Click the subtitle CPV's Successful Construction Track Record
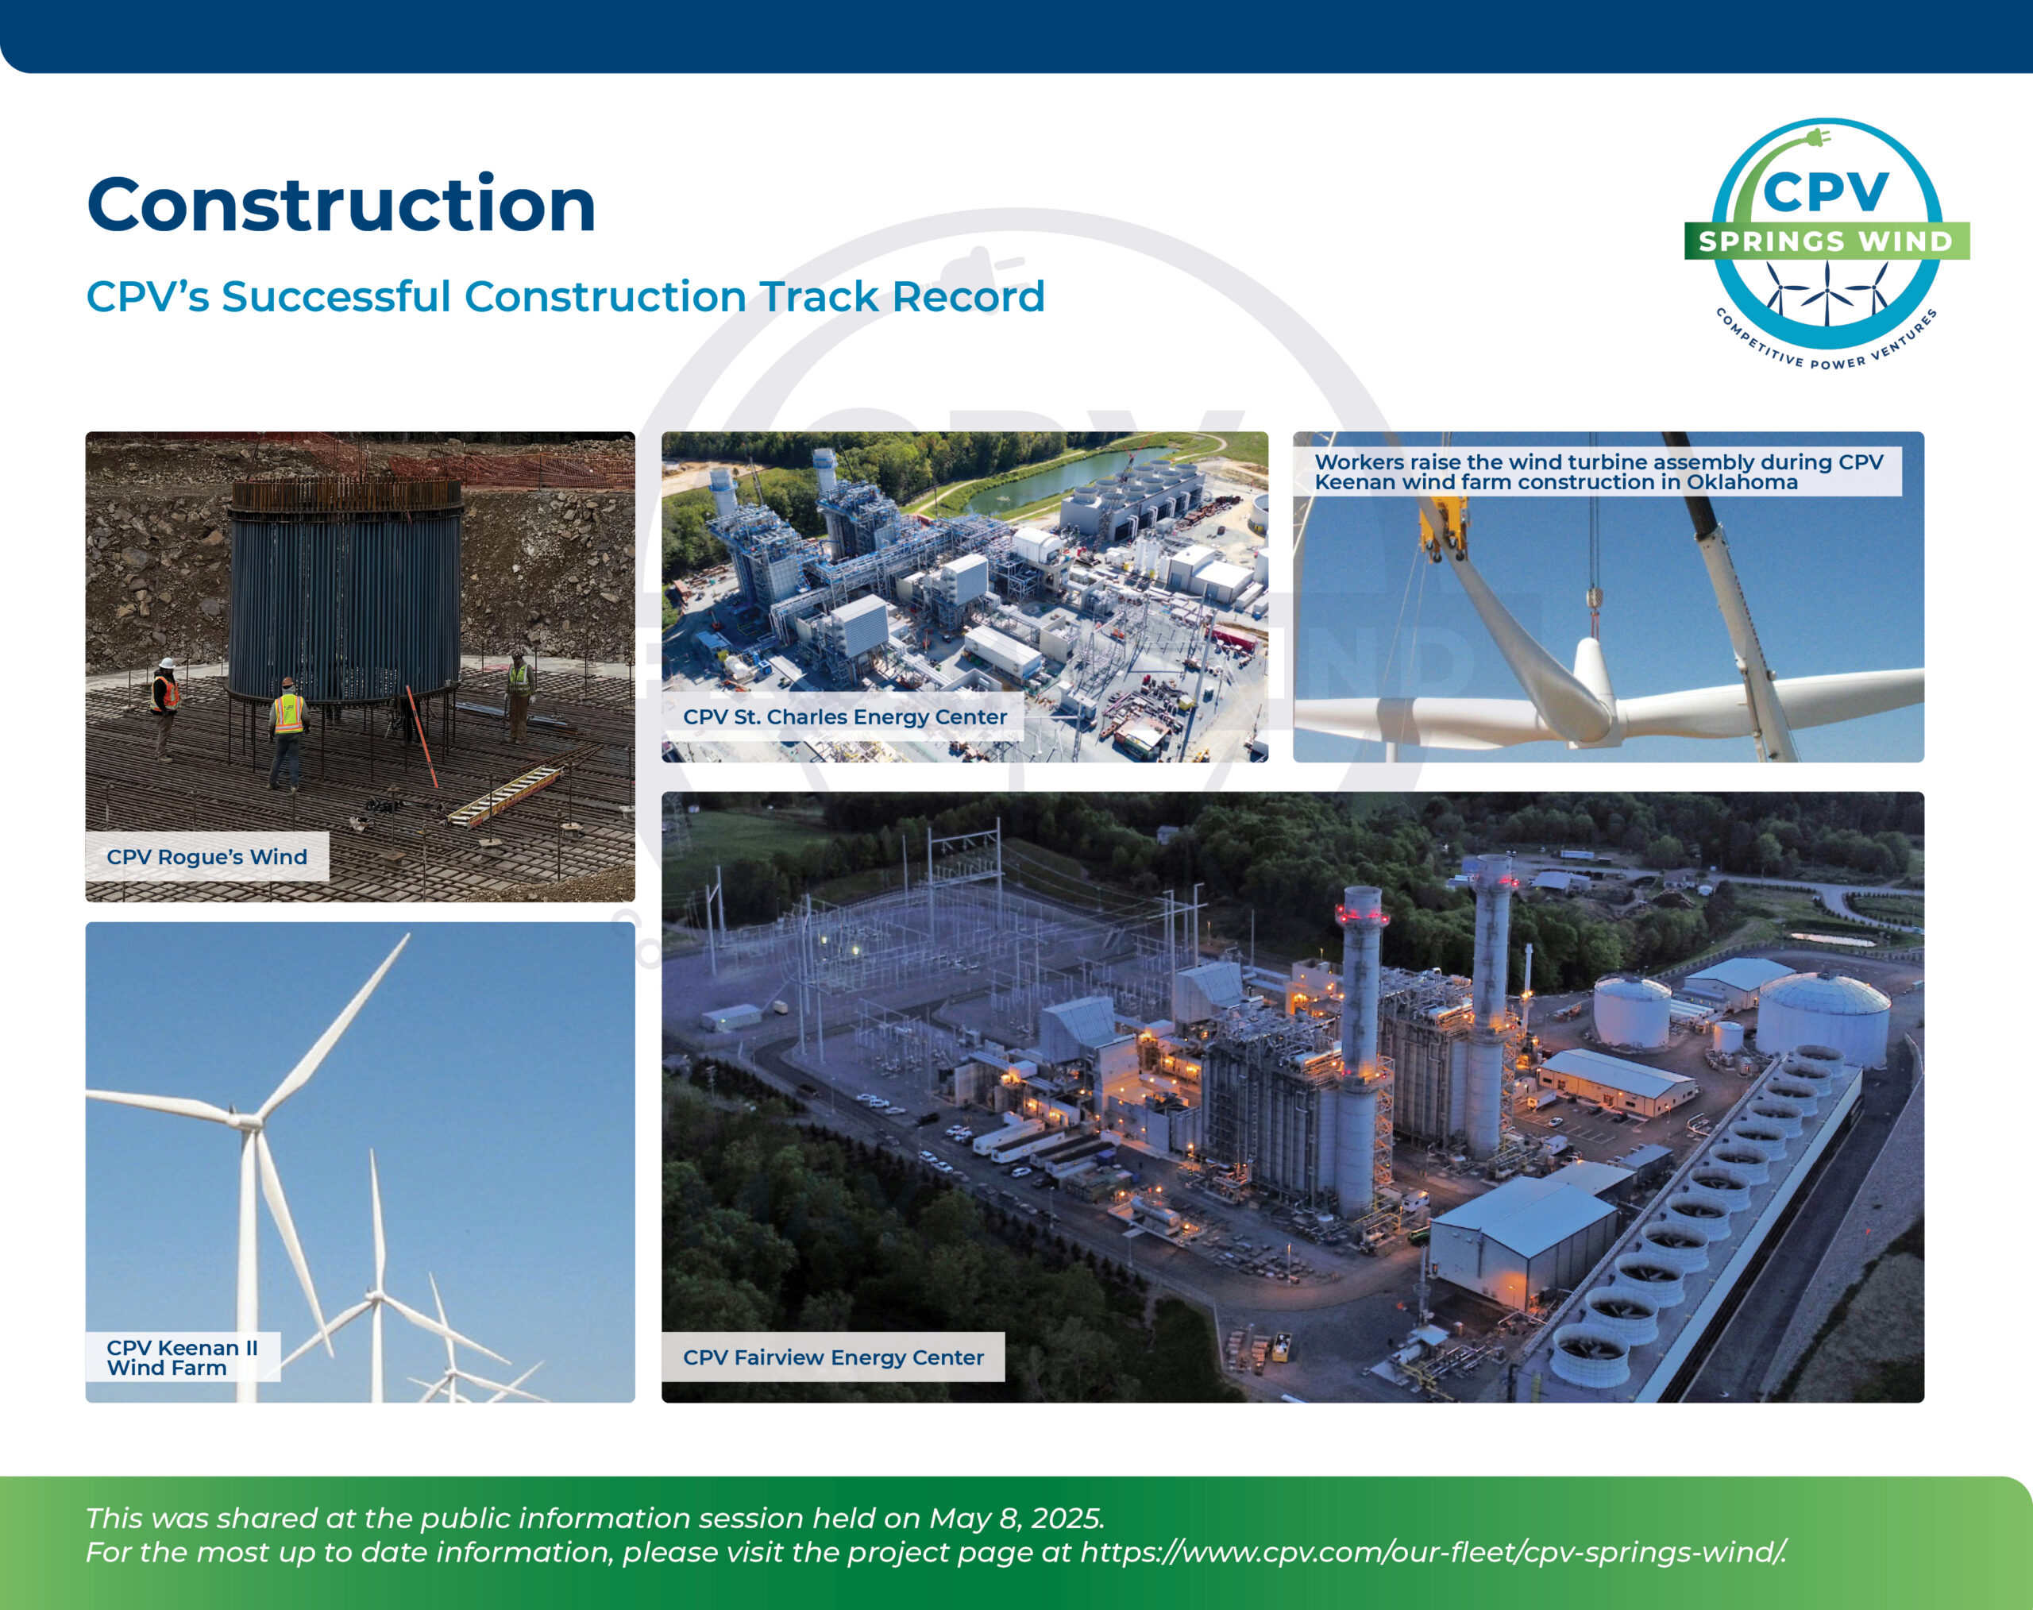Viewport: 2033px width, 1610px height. coord(565,296)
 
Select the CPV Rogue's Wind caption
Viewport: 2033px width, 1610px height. coord(206,857)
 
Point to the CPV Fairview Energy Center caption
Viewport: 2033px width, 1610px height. coord(833,1357)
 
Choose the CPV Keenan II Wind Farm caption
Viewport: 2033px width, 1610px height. coord(182,1357)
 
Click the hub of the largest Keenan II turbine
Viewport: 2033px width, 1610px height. coord(246,1121)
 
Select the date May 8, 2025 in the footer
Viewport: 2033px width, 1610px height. coord(1016,1519)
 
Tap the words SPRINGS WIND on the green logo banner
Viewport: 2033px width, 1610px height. coord(1827,241)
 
